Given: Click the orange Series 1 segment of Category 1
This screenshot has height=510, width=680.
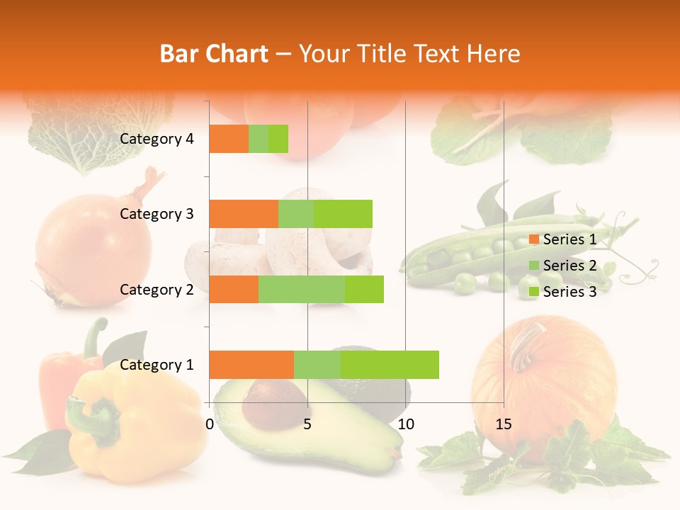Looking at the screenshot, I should point(251,364).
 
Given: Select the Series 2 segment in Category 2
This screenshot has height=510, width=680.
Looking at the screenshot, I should point(302,289).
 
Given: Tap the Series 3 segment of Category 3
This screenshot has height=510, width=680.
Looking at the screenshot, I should point(343,214).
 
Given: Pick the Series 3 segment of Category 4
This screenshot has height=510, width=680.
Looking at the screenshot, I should point(278,139).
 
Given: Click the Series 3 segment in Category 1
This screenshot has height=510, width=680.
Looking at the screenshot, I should point(390,364).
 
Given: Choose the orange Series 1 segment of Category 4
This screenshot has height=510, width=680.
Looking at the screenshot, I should point(229,139).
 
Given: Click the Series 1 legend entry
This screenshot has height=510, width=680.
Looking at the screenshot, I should point(562,239).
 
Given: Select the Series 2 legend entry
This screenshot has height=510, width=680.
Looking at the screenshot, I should point(562,266).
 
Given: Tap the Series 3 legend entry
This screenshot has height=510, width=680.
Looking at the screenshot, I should point(562,292).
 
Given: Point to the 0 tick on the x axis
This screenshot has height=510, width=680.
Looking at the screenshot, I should point(210,424).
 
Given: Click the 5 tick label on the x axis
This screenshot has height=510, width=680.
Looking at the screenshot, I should point(307,424).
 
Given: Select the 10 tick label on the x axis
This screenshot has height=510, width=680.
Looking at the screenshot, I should point(405,424).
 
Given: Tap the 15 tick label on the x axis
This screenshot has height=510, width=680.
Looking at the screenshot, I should point(503,424).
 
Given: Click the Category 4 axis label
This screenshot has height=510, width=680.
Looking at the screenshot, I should point(157,139).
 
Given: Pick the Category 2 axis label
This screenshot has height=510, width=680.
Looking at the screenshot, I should point(157,289).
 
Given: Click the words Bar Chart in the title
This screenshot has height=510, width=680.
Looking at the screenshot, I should point(214,54).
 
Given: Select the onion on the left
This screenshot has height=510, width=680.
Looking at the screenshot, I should point(92,248).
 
